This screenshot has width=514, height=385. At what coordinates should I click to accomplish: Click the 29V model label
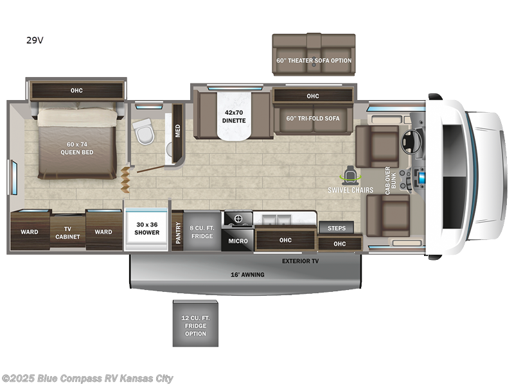(35, 40)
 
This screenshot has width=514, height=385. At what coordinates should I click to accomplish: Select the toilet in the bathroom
(144, 133)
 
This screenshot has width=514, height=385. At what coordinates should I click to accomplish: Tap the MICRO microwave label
(238, 241)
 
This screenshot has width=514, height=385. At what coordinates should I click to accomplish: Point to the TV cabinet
(67, 232)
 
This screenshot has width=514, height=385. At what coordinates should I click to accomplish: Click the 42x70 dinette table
(234, 116)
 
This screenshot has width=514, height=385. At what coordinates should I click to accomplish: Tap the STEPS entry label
(337, 228)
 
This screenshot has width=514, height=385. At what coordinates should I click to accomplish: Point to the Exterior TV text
(300, 261)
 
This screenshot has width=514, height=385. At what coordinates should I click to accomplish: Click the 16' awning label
(247, 275)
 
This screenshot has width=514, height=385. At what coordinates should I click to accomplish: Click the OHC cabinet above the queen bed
(76, 90)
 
